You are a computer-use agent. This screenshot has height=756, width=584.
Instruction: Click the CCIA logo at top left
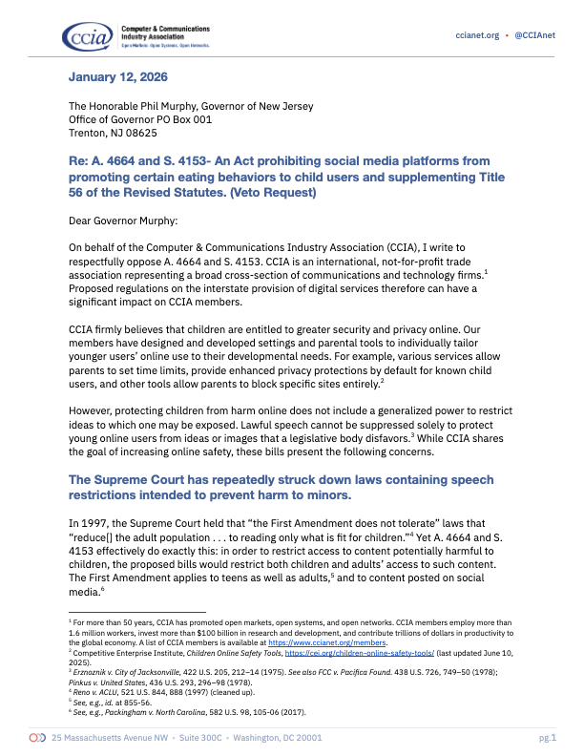(90, 36)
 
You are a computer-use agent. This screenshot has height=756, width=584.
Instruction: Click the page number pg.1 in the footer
(547, 738)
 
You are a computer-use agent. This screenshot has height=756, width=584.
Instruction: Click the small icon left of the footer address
(37, 738)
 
